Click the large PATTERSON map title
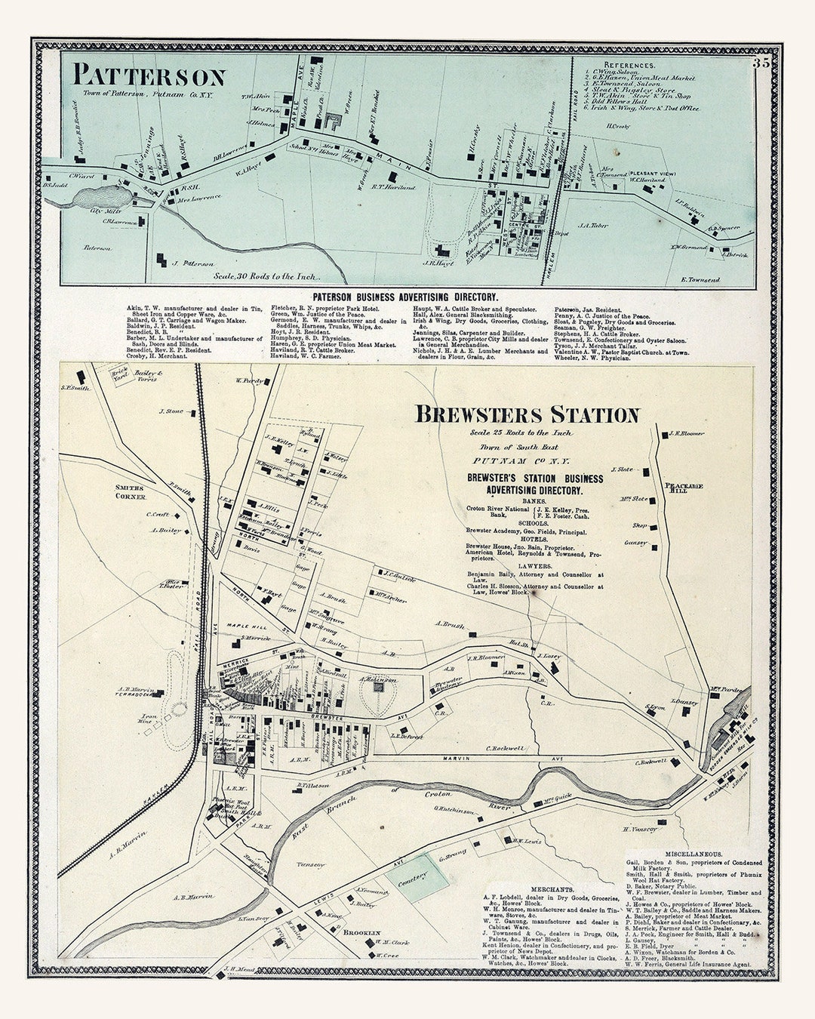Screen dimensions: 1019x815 (149, 76)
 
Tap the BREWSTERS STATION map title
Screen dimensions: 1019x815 (527, 414)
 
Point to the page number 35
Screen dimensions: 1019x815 (760, 63)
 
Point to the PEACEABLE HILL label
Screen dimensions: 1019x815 (684, 487)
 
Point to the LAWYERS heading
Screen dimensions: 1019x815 (534, 565)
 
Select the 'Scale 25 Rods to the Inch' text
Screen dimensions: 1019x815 (521, 433)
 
